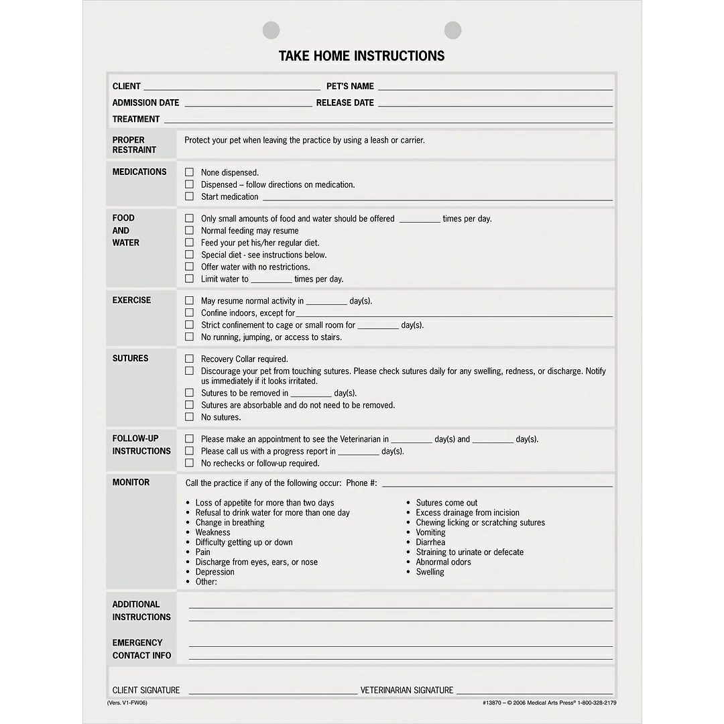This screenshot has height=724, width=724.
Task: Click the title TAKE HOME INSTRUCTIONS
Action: click(x=361, y=56)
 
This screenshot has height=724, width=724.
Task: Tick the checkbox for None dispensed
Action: click(x=189, y=172)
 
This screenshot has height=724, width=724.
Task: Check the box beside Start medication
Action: click(x=189, y=196)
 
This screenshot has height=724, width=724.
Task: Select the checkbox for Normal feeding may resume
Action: click(x=189, y=231)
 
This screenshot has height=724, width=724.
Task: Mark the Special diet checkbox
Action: click(x=189, y=255)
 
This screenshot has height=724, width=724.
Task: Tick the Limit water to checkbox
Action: click(x=189, y=279)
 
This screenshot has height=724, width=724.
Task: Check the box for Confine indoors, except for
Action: click(x=189, y=313)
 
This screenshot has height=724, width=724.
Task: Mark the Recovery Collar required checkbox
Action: click(x=189, y=359)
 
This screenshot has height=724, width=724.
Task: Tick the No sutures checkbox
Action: click(x=189, y=417)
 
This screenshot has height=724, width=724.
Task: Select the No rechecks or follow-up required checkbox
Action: click(x=189, y=463)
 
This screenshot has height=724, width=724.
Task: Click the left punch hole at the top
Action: click(x=271, y=30)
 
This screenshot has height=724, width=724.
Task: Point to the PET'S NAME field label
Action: click(x=350, y=86)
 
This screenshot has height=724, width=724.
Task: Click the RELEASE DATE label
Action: click(x=345, y=103)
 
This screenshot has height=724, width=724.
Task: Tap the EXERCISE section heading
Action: click(x=131, y=300)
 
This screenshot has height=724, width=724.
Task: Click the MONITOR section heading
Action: click(x=131, y=483)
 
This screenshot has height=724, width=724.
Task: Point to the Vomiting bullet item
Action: click(x=430, y=532)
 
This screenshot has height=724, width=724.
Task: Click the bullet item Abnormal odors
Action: click(x=443, y=562)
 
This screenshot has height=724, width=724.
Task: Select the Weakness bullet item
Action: click(x=213, y=532)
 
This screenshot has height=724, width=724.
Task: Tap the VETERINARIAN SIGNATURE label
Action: click(x=406, y=690)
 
